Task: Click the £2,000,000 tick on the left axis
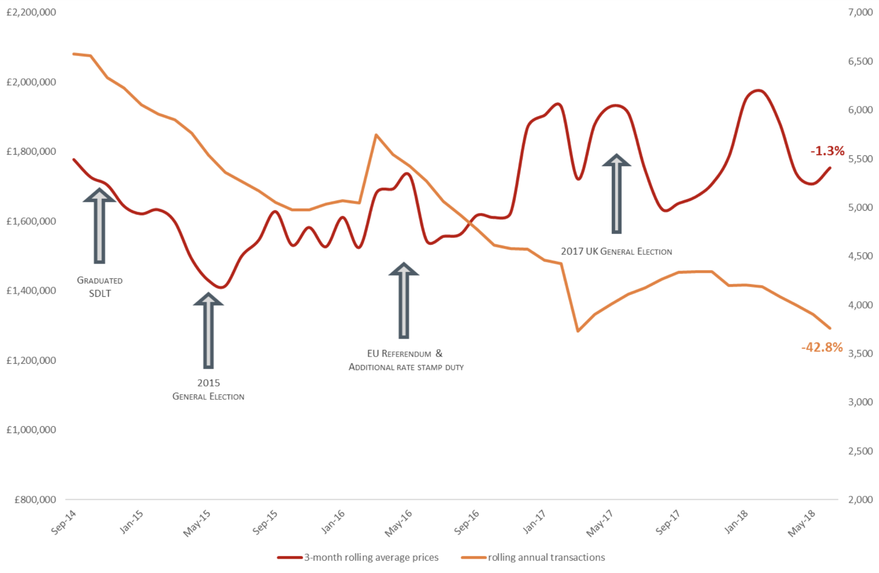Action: tap(31, 82)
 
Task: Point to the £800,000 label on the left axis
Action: tap(35, 500)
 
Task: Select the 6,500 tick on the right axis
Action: tap(860, 61)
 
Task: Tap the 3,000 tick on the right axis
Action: tap(860, 402)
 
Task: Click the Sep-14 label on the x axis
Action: tap(64, 523)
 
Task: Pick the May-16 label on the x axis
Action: tap(398, 523)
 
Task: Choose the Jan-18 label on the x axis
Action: tap(736, 523)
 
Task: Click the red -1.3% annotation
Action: tap(827, 151)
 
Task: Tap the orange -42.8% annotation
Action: tap(822, 347)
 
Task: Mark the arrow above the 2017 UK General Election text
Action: tap(617, 194)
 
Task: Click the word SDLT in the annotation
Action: tap(100, 294)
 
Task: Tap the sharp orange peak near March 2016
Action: tap(376, 135)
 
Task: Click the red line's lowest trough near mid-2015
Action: tap(222, 287)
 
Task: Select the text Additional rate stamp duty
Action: tap(406, 367)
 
